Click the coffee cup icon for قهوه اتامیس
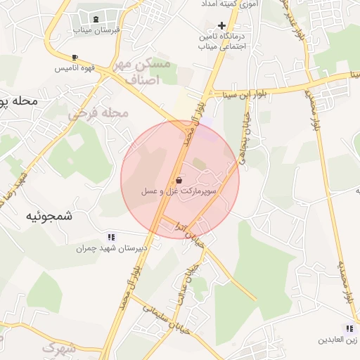coord(75,57)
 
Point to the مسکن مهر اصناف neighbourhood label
coord(146,72)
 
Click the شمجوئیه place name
coord(49,217)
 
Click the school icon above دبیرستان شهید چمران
coord(110,237)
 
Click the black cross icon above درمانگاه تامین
coord(221,25)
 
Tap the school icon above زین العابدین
coord(349,328)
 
